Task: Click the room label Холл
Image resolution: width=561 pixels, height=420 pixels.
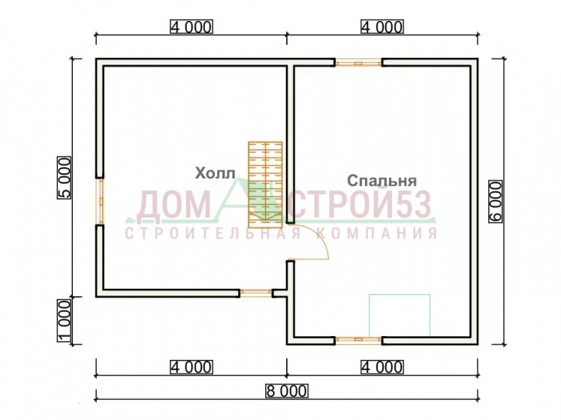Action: tap(215, 173)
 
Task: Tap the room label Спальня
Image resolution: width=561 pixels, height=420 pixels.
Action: tap(382, 181)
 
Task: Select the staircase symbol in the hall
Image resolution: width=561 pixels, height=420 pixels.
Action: tap(265, 184)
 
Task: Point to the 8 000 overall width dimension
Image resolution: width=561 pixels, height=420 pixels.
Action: tap(286, 391)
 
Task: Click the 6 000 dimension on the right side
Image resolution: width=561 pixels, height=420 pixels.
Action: tap(496, 201)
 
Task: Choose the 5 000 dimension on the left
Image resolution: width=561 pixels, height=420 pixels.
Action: tap(65, 177)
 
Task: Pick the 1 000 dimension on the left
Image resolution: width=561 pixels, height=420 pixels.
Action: tap(65, 321)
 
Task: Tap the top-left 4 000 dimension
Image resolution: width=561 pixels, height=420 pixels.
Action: tap(192, 27)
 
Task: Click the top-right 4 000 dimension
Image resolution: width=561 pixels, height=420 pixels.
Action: tap(382, 27)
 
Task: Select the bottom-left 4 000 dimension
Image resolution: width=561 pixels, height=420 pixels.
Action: tap(192, 367)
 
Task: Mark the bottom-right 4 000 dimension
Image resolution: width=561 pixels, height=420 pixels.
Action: tap(382, 367)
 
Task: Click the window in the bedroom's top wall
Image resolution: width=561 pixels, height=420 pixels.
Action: tap(358, 63)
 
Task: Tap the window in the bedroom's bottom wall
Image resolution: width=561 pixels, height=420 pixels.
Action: tap(358, 340)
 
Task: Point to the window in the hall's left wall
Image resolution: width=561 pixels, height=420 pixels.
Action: tap(100, 201)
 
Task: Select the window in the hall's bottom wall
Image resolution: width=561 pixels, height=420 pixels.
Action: tap(256, 293)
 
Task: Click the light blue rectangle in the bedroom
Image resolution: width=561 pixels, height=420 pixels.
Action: tap(400, 315)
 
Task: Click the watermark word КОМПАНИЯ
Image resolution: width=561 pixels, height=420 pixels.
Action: tap(377, 233)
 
